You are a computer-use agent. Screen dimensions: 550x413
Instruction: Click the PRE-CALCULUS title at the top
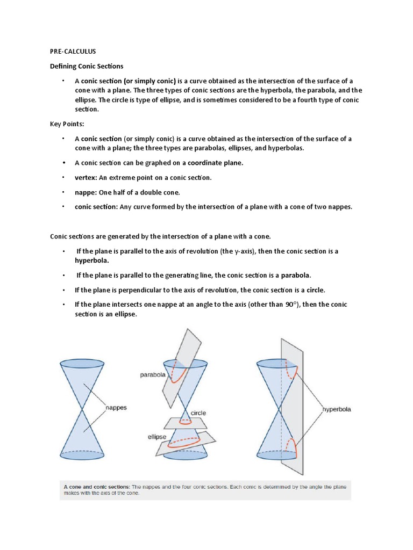pyautogui.click(x=73, y=52)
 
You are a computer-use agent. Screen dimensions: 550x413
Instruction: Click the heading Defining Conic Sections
pyautogui.click(x=87, y=66)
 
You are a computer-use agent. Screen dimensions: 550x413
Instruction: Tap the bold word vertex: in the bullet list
pyautogui.click(x=86, y=178)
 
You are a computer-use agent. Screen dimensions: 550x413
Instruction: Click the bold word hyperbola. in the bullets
pyautogui.click(x=92, y=260)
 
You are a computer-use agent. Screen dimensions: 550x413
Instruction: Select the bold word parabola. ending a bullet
pyautogui.click(x=294, y=275)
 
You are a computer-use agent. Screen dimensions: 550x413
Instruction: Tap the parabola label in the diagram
pyautogui.click(x=152, y=375)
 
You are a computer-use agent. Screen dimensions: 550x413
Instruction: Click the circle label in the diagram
pyautogui.click(x=197, y=413)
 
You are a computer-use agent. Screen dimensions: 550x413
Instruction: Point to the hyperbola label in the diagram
pyautogui.click(x=337, y=409)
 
